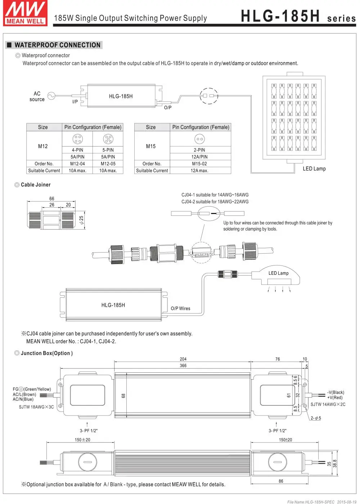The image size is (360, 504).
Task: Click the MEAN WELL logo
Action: pos(26,13)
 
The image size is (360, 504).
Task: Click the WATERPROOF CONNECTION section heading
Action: pos(57,45)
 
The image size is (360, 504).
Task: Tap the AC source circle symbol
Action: pos(51,96)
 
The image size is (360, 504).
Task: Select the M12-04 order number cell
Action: pos(77,164)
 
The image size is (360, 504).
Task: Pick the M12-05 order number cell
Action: pos(108,164)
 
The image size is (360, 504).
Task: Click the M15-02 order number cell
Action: pos(199,164)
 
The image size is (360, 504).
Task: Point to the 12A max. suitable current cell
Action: pos(199,171)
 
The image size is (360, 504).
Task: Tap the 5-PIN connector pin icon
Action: pos(108,139)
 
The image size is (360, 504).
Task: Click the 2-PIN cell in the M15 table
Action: pos(199,150)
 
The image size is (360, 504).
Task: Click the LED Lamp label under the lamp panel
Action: pos(314,168)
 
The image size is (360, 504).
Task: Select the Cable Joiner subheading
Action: pos(36,185)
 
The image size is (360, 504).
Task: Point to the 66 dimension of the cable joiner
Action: pos(52,199)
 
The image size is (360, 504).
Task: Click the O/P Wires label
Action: pos(180,308)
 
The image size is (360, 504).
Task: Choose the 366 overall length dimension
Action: pos(183,365)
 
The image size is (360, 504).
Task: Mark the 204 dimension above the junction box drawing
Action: pos(183,359)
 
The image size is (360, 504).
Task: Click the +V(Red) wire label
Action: pos(335,398)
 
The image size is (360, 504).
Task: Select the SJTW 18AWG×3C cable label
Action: pos(36,407)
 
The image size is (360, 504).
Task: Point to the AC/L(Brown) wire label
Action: pos(24,394)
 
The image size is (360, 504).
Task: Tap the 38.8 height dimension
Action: pos(335,464)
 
